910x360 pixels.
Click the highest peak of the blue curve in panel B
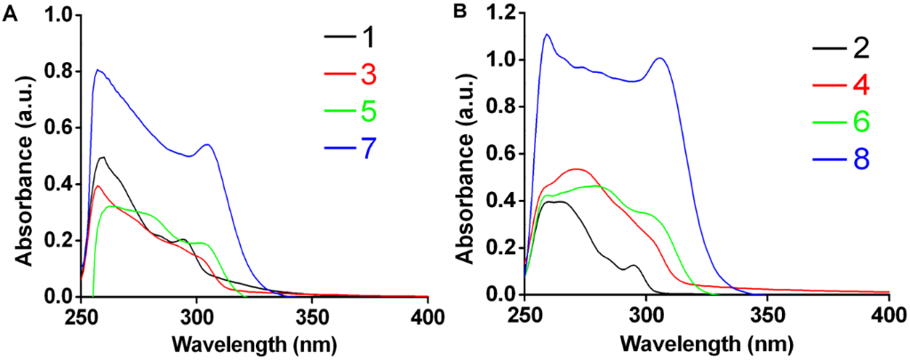(x=547, y=35)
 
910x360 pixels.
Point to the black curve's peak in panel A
(x=103, y=157)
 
